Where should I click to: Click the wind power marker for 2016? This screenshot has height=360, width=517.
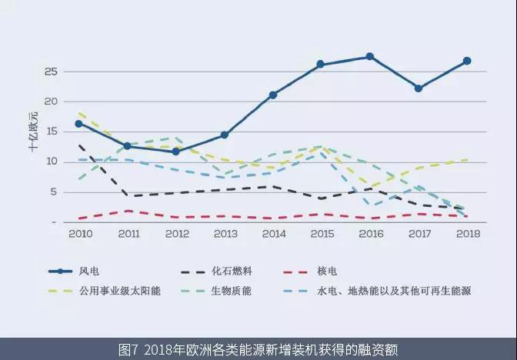tap(369, 57)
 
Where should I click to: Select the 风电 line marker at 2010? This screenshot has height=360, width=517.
tap(78, 124)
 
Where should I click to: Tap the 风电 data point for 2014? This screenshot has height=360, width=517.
tap(272, 95)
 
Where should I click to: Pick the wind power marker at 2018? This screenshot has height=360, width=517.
tap(467, 61)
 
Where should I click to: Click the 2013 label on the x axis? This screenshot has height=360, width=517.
tap(224, 232)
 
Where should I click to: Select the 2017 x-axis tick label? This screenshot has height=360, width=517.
tap(419, 232)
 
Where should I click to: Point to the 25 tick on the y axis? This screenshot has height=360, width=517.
tap(51, 72)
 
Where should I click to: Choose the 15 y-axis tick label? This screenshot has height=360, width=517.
tap(51, 132)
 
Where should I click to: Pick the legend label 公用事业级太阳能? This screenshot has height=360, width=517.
tap(120, 291)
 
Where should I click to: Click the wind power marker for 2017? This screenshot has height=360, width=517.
tap(419, 88)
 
